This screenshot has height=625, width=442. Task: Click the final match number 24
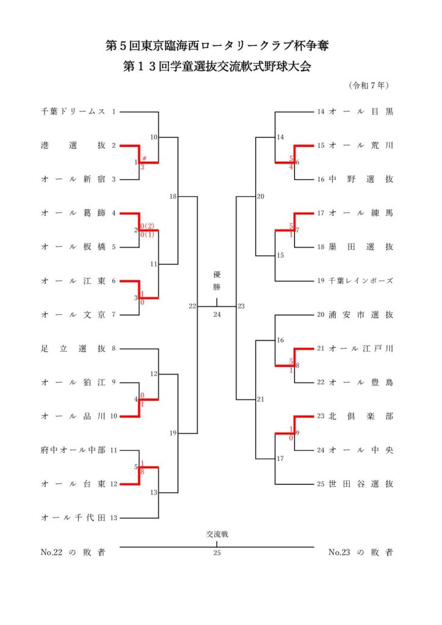point(217,315)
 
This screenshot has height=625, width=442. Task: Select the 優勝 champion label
point(217,280)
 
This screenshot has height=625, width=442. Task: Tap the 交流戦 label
point(217,534)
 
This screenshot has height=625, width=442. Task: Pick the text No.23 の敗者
point(361,553)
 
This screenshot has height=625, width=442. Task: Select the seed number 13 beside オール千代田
point(114,518)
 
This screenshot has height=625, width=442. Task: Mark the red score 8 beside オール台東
point(142,472)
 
